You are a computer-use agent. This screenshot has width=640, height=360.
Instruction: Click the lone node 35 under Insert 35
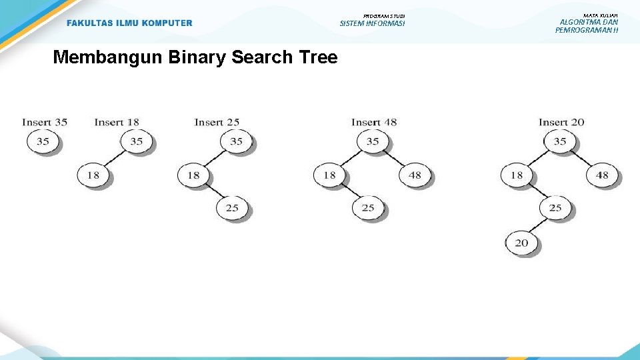43,141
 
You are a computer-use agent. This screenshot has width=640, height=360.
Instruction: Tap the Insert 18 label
117,122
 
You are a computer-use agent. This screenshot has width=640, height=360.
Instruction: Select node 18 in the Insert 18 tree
93,175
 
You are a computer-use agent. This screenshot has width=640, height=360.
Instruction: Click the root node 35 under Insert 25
236,141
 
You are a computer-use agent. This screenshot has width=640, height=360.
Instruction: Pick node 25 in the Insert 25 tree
231,208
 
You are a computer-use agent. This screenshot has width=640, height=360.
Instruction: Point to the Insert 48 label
373,122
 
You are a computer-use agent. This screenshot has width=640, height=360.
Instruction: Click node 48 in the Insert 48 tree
415,175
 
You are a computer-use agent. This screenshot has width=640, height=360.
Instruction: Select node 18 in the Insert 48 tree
329,175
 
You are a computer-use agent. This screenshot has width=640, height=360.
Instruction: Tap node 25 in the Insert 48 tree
367,208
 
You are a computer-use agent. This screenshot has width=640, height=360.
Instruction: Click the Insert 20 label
561,122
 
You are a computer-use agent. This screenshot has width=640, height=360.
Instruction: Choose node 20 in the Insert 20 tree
521,243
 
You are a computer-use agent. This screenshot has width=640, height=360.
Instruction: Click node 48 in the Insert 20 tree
602,175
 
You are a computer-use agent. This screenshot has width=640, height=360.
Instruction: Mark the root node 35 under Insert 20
559,141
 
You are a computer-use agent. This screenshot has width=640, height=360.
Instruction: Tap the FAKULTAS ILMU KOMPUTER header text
129,23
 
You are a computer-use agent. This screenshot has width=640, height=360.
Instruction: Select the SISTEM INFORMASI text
372,23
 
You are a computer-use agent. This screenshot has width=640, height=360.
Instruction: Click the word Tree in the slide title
319,57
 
